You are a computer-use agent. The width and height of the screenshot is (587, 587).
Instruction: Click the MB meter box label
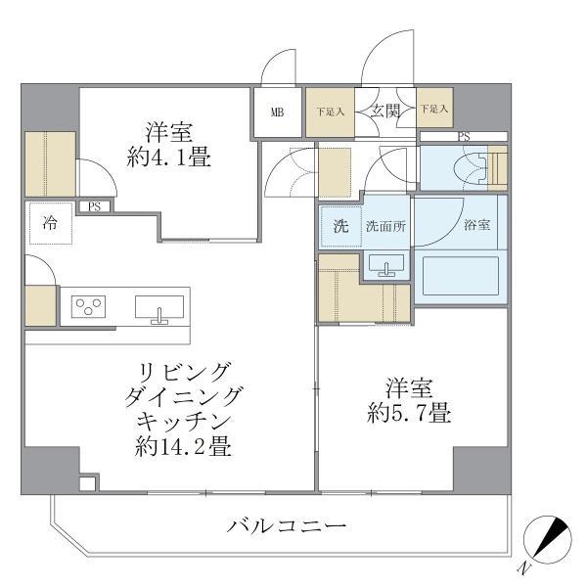click(x=278, y=112)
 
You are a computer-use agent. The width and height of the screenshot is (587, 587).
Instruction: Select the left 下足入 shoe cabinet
click(x=330, y=112)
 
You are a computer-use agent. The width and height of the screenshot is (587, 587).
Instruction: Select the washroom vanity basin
click(x=387, y=264)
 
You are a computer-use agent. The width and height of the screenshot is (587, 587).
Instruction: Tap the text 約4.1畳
click(x=168, y=157)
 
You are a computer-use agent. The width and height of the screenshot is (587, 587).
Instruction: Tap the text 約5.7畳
click(x=409, y=413)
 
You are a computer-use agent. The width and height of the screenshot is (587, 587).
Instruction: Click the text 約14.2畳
click(x=184, y=447)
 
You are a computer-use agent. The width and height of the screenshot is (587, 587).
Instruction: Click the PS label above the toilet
click(x=462, y=136)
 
